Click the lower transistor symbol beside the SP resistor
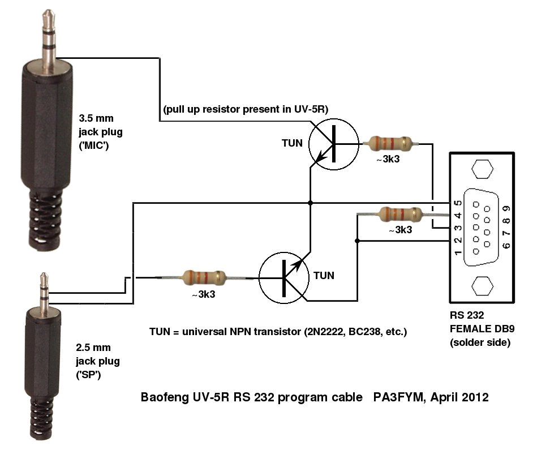(284, 278)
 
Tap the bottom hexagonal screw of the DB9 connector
(482, 285)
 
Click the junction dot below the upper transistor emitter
(310, 202)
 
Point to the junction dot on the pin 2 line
(357, 241)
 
